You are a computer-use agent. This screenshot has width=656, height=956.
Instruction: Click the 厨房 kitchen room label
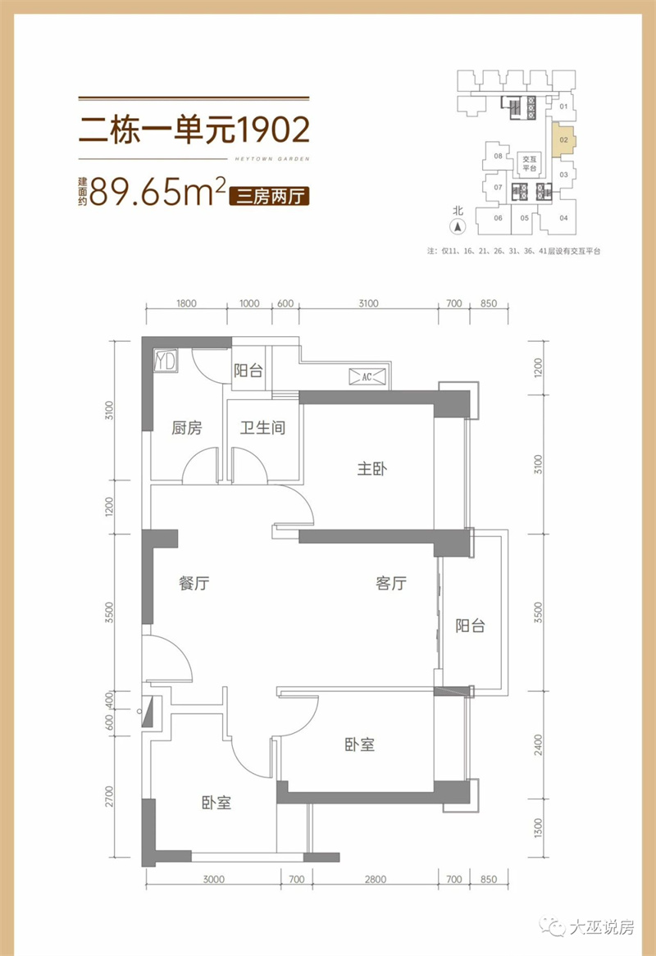[186, 428]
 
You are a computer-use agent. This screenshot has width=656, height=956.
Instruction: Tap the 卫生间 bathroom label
[262, 427]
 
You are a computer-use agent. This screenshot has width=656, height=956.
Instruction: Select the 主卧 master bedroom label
[372, 469]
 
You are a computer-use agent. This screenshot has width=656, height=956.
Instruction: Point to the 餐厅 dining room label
[194, 583]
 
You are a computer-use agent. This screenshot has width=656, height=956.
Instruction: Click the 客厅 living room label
[391, 583]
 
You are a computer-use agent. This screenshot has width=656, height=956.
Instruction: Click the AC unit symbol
[367, 377]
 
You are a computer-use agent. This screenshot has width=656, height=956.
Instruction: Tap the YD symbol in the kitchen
[165, 360]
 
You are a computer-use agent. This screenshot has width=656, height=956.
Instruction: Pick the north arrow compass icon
[458, 227]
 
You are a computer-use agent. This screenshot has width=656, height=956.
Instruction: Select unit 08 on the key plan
[498, 156]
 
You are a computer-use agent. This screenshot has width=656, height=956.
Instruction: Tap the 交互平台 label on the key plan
[529, 163]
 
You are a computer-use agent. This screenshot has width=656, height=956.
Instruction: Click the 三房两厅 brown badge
[270, 196]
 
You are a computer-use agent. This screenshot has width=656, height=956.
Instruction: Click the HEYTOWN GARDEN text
[272, 159]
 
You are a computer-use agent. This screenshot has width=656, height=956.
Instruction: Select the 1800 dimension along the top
[186, 303]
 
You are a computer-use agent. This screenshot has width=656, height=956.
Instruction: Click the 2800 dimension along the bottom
[376, 879]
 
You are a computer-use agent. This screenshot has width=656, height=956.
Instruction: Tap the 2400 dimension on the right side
[538, 745]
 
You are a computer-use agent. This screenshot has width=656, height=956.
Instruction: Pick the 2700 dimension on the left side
[110, 796]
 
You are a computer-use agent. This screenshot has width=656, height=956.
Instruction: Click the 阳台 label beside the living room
[470, 626]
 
